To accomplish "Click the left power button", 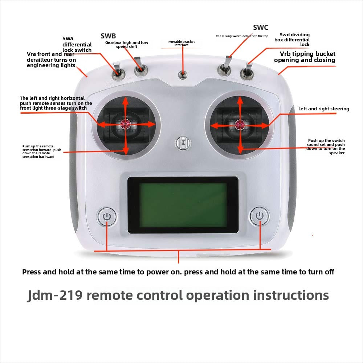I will click(x=107, y=217).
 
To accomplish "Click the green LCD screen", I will click(x=183, y=205).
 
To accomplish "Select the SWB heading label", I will click(x=108, y=36).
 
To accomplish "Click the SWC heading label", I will click(x=261, y=28).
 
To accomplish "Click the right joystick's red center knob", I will click(x=239, y=125).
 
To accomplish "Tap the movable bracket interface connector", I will click(x=183, y=75).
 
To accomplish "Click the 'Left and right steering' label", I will click(x=323, y=109).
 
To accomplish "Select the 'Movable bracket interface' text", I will click(x=181, y=43).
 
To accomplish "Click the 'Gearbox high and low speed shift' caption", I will click(x=127, y=44).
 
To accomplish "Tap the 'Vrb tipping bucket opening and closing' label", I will click(x=305, y=57).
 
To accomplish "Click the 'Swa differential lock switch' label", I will click(x=77, y=44).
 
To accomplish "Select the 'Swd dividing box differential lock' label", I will click(x=294, y=40).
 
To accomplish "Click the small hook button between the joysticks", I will click(x=183, y=142).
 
